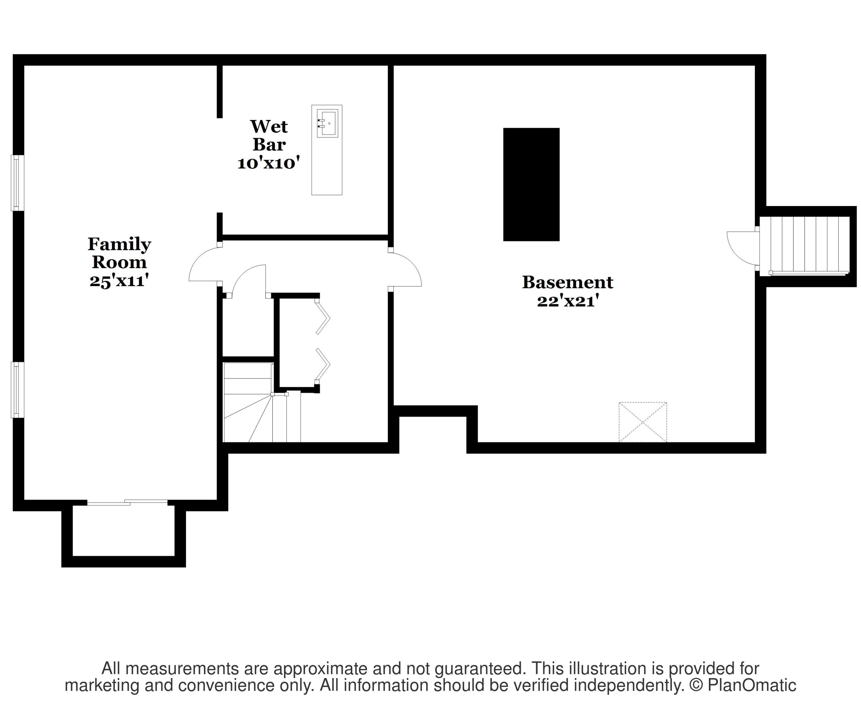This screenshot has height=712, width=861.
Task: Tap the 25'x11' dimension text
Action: click(119, 281)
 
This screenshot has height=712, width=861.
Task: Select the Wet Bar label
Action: click(269, 135)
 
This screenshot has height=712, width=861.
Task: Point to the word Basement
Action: click(567, 282)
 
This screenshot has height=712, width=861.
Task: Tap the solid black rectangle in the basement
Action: click(531, 185)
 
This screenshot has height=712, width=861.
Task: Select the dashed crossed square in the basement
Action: click(643, 422)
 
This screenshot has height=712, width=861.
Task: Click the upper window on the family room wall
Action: click(17, 183)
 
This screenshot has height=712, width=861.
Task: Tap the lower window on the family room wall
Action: click(17, 390)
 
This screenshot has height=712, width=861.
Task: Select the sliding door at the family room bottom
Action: click(127, 503)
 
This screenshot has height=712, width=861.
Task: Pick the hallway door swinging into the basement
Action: click(406, 269)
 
